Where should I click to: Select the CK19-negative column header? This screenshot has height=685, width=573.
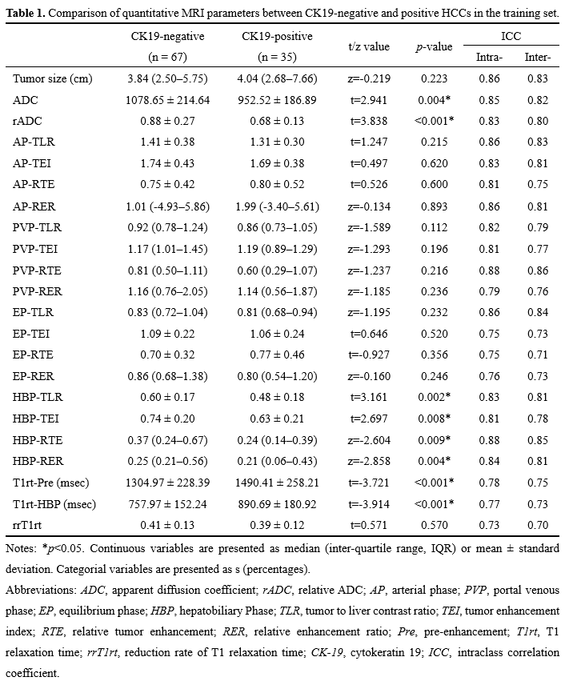coord(167,37)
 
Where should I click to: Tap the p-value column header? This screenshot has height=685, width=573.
coord(434,47)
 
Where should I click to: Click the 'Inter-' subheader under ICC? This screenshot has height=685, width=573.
coord(536,58)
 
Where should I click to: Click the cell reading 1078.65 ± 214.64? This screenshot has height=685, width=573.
coord(168,100)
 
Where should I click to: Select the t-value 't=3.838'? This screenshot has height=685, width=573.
coord(369,121)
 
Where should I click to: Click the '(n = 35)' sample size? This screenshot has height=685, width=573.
coord(288,58)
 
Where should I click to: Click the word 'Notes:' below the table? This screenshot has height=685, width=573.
coord(21,548)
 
